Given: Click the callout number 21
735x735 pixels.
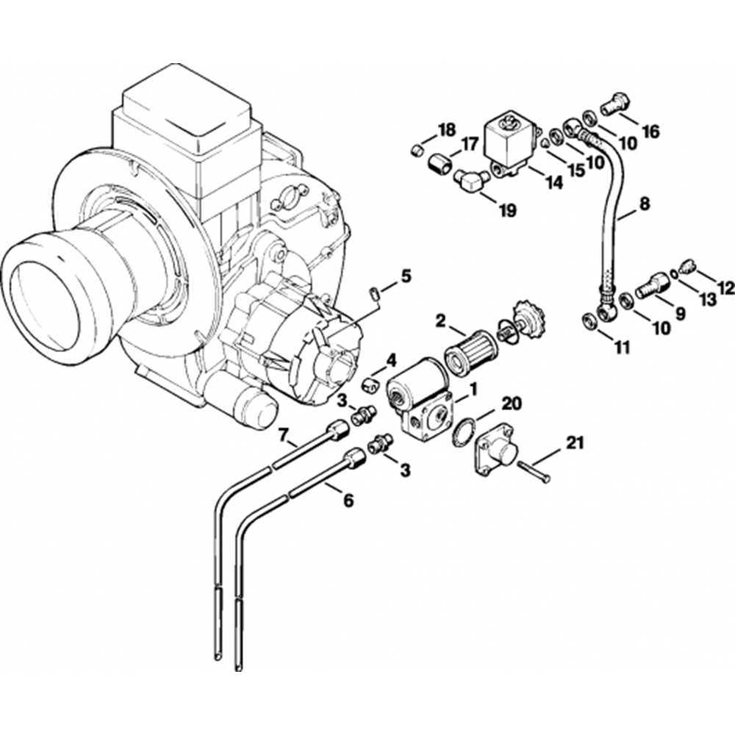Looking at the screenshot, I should (576, 443).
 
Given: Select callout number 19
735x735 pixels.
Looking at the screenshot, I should (507, 210).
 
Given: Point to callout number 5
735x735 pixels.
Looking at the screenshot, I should (406, 277).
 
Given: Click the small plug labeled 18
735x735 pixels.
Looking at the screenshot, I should (415, 151).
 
